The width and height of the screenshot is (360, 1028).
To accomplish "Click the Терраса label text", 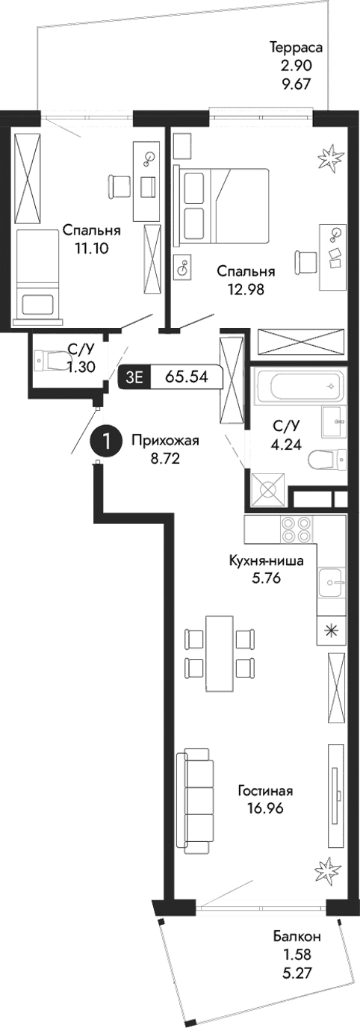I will click(296, 49).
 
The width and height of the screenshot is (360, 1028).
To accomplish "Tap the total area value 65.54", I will click(190, 377).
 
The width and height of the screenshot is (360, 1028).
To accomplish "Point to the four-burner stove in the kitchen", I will click(294, 530).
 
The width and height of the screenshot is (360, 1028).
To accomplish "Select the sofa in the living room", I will click(196, 801).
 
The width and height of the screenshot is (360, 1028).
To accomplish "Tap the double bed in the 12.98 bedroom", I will click(221, 207).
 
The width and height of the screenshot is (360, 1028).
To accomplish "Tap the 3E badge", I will click(135, 377).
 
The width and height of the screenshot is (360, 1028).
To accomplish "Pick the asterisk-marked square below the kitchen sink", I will click(330, 629).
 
